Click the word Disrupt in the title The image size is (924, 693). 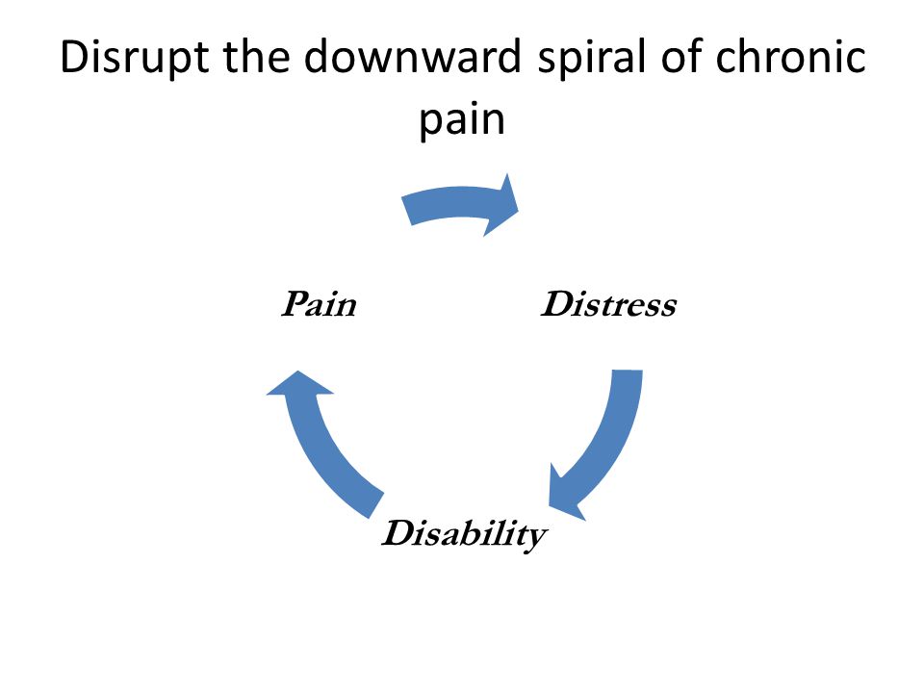pos(134,58)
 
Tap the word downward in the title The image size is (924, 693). pos(413,56)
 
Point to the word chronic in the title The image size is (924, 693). pos(790,56)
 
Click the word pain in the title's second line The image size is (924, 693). pos(462,119)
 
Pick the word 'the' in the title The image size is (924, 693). pos(256,56)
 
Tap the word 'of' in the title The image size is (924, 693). pos(680,56)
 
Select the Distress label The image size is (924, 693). pos(608,304)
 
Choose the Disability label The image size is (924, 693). pos(464,535)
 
